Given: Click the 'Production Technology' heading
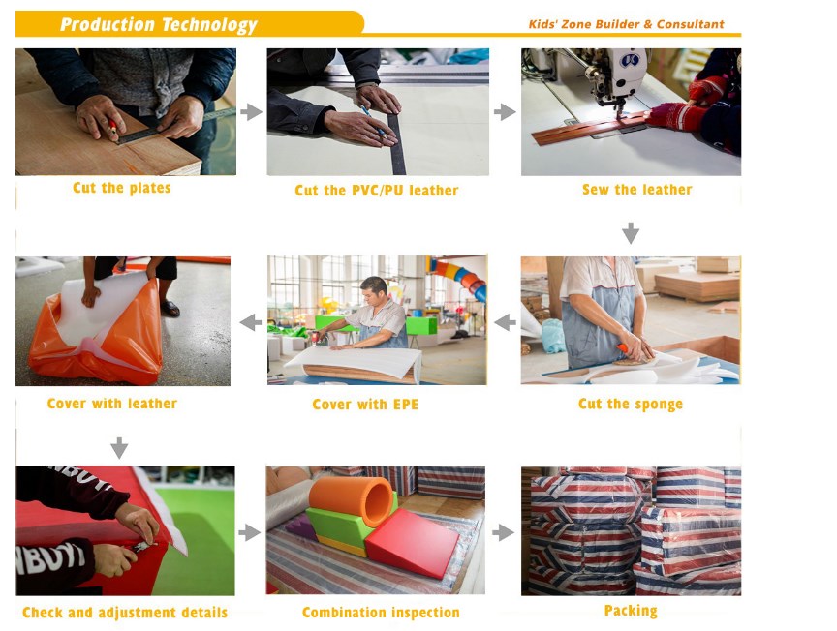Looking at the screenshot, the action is tap(159, 24).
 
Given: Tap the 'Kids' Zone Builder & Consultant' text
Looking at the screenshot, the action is tap(626, 24).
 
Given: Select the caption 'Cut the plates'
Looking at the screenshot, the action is tap(122, 188).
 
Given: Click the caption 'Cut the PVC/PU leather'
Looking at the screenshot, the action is tap(376, 191).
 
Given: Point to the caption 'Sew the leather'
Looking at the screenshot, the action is tap(636, 190).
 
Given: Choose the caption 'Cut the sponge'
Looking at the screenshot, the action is tap(631, 404).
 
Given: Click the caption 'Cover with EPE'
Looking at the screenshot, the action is tap(365, 405).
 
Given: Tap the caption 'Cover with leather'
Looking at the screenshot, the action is tap(112, 404).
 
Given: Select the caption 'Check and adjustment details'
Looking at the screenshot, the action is tap(125, 613).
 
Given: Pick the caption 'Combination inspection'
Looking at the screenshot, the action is tap(381, 613).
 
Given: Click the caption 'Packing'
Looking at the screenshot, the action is tap(631, 611).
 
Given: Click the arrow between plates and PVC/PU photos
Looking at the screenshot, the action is tap(252, 112).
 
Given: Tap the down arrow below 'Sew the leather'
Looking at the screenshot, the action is tap(631, 233).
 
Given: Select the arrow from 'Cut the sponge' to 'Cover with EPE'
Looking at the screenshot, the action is tap(505, 322).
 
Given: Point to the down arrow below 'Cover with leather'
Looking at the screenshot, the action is tap(119, 448).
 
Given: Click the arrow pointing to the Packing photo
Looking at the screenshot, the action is tap(503, 532).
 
